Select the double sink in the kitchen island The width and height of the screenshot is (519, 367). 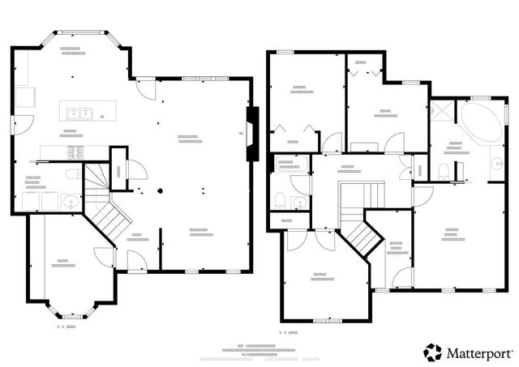click(79, 113)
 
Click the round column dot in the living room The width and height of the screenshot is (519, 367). click(160, 191)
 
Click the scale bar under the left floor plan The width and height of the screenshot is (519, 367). click(66, 326)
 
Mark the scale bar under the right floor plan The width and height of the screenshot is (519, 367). click(290, 332)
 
